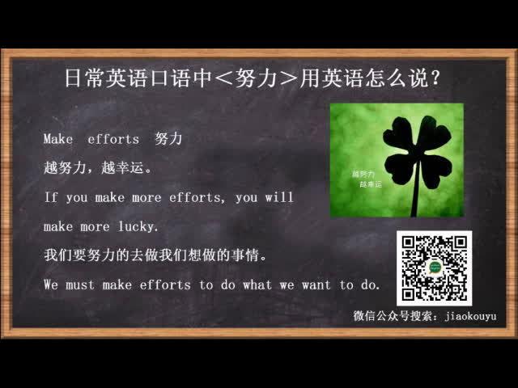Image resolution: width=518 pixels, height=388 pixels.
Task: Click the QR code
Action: pyautogui.click(x=434, y=268)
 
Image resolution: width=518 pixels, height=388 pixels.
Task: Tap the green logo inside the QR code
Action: pyautogui.click(x=434, y=267)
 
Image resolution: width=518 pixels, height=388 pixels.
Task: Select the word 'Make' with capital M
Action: pyautogui.click(x=58, y=139)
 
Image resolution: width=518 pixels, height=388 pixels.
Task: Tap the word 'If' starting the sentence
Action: pyautogui.click(x=51, y=197)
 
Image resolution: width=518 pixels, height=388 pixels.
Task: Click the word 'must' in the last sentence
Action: pyautogui.click(x=80, y=285)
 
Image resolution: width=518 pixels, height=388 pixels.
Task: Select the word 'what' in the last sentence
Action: pyautogui.click(x=257, y=285)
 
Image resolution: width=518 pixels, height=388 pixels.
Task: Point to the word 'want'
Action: pyautogui.click(x=316, y=285)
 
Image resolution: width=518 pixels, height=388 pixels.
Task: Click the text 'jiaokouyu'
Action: pyautogui.click(x=470, y=316)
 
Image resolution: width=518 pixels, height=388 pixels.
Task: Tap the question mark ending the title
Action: pyautogui.click(x=435, y=78)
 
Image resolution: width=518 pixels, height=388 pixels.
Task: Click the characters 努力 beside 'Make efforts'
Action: pyautogui.click(x=168, y=138)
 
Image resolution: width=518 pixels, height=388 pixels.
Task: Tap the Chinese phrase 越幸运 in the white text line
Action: pyautogui.click(x=122, y=168)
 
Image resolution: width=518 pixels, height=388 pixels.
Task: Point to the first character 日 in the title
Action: pyautogui.click(x=73, y=78)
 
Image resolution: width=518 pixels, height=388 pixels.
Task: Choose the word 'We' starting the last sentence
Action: pyautogui.click(x=51, y=285)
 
